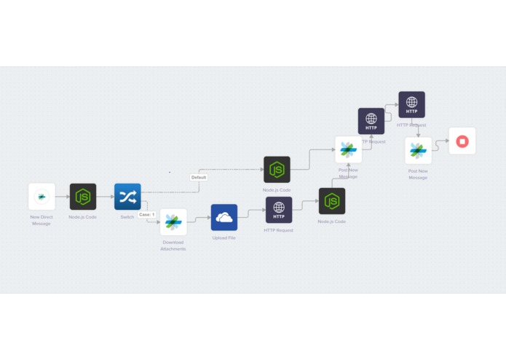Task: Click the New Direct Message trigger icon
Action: pos(41,197)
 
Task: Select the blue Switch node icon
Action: pos(127,197)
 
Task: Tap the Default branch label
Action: pos(199,177)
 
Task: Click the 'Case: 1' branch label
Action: pos(147,215)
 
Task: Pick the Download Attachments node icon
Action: pos(173,222)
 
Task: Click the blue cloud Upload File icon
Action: pos(224,217)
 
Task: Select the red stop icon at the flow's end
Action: pos(462,141)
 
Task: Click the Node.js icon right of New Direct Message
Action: pos(83,197)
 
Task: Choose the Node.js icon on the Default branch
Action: pos(277,170)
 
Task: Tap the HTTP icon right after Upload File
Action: pos(279,210)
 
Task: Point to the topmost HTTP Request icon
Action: pos(411,105)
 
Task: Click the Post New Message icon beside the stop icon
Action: pos(418,151)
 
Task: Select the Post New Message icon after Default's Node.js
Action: pos(348,149)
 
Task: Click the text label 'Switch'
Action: pos(127,217)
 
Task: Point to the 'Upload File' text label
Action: pos(224,238)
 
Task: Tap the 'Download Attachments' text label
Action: pos(173,246)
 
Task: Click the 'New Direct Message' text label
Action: pos(41,220)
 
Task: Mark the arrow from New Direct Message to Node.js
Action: pos(62,197)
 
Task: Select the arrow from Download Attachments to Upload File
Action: pos(199,218)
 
